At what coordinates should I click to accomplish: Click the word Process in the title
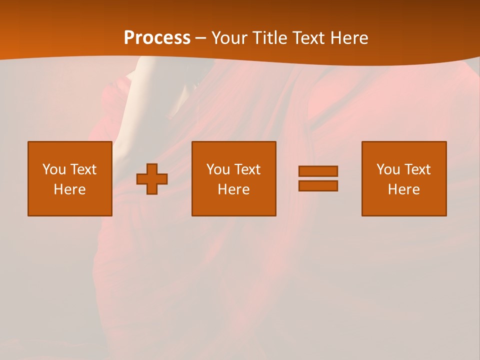(157, 38)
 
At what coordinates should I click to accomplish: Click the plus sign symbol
(152, 179)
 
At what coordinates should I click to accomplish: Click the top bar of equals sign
(318, 171)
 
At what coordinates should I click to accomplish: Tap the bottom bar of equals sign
(318, 185)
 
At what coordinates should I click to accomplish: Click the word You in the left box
(54, 169)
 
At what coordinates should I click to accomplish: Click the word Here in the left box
(70, 189)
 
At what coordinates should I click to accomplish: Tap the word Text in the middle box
(246, 169)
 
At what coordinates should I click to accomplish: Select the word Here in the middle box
(233, 189)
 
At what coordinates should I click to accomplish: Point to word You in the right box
(388, 169)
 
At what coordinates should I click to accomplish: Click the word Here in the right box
(404, 189)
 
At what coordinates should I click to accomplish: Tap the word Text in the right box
(417, 169)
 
